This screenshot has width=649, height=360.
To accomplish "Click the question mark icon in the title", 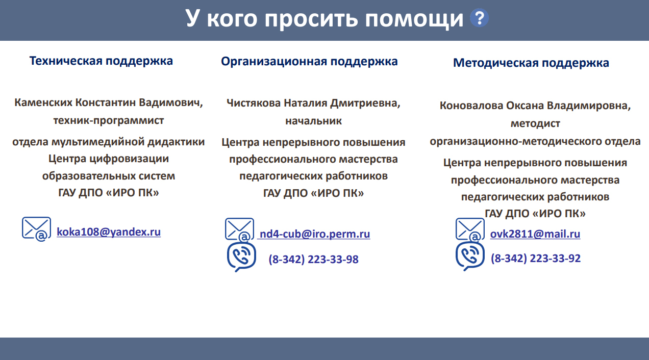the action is (479, 18).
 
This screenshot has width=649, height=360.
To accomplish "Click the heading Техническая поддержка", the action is (101, 61).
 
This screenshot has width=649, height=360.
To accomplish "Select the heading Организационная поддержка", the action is (309, 62).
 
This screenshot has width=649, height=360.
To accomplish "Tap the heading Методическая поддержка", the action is (531, 63).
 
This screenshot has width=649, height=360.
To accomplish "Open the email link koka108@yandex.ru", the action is (109, 232).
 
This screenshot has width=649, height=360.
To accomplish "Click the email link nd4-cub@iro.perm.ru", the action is (315, 234).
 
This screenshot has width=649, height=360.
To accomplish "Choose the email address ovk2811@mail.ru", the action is (535, 234).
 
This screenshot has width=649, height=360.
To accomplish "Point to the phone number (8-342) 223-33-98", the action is (313, 259).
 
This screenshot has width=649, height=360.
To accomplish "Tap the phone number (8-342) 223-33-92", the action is (536, 259).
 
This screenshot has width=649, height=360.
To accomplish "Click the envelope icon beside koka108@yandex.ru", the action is (37, 229).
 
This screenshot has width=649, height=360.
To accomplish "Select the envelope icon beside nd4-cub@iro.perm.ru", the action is (240, 230).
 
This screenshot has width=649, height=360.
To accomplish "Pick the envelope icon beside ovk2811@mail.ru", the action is (470, 230).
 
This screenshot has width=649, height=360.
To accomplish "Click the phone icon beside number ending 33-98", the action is (241, 257).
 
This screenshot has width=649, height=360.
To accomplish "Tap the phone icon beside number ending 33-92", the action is (470, 256).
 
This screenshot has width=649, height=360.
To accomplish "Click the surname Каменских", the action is (43, 102).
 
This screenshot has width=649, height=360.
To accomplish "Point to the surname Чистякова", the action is (254, 103).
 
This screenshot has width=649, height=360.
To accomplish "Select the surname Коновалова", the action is (471, 106).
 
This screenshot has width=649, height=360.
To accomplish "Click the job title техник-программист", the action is (109, 120).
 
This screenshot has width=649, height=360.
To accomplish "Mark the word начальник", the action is (313, 121).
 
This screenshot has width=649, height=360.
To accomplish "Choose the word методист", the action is (535, 124).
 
